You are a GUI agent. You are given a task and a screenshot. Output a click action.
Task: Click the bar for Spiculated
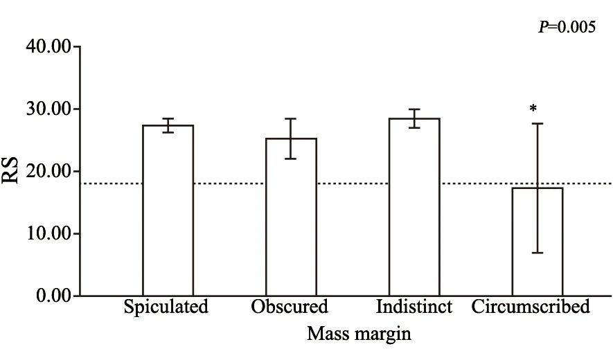click(x=168, y=210)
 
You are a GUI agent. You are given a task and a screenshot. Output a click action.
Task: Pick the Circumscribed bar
click(x=538, y=242)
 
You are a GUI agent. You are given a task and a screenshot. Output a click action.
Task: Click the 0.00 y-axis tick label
click(x=53, y=296)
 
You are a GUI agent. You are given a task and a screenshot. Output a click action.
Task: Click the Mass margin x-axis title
click(x=359, y=334)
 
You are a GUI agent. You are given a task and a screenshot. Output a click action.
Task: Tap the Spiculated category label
click(x=166, y=307)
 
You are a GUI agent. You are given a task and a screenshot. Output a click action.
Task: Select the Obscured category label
click(x=290, y=307)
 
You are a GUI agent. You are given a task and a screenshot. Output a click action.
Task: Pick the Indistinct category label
click(x=414, y=307)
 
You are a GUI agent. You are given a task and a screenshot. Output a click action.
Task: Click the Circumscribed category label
click(x=531, y=307)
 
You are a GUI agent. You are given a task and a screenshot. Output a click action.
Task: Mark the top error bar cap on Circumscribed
click(x=538, y=123)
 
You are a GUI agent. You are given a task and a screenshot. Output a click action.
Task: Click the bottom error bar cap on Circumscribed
click(x=538, y=253)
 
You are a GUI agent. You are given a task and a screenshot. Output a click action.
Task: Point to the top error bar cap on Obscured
click(x=291, y=119)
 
